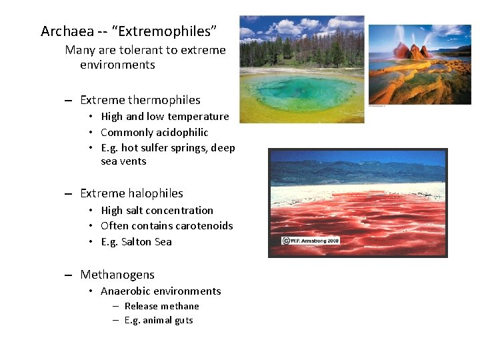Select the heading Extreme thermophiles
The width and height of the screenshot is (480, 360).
tap(140, 100)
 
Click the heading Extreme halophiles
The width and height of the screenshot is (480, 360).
tap(131, 193)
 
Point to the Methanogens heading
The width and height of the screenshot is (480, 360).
tap(117, 275)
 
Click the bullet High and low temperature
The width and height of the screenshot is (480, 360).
tap(165, 117)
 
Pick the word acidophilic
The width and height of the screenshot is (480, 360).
tap(182, 133)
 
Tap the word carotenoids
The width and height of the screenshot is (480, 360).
tap(204, 226)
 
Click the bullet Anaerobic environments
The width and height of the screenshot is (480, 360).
tap(161, 291)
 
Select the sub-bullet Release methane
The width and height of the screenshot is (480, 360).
tap(161, 306)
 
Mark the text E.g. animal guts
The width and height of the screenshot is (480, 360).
tap(159, 321)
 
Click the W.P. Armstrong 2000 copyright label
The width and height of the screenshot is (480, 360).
tap(311, 240)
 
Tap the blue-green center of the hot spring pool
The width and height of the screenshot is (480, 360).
tap(300, 91)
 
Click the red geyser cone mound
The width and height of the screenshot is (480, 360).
tap(411, 50)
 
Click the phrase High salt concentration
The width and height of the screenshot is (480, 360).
tap(157, 211)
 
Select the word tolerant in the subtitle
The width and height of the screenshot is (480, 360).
tap(142, 50)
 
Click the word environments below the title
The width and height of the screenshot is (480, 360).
tap(117, 65)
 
